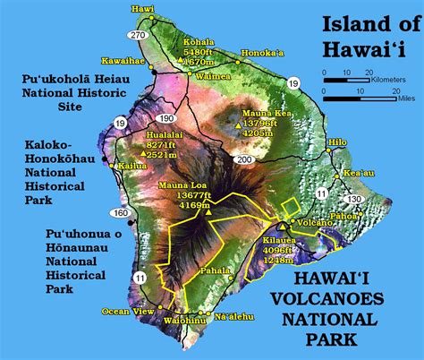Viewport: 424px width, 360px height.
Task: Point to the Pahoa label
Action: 369,217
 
